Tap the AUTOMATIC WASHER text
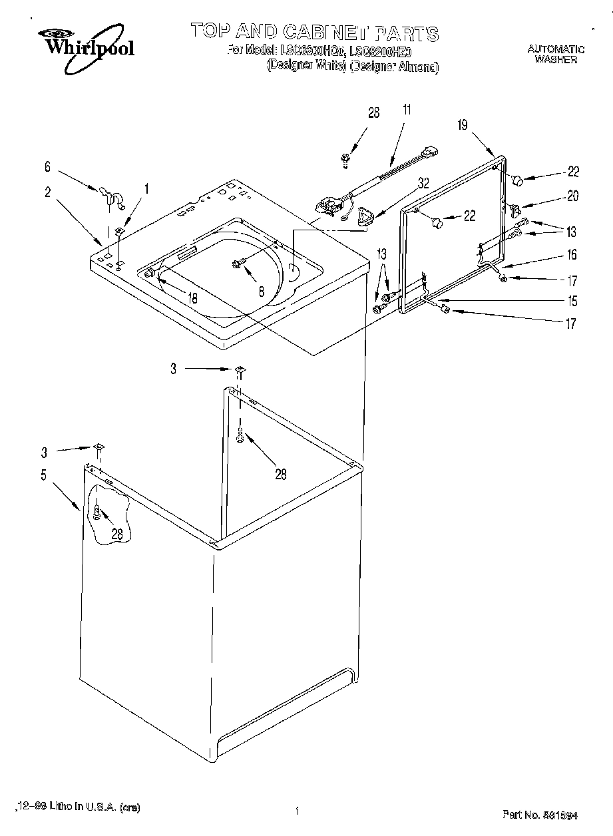point(556,54)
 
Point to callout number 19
point(463,124)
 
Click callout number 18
point(192,299)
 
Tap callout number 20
point(572,196)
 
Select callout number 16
point(572,254)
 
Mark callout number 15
point(572,301)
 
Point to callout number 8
point(262,290)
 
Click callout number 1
point(147,188)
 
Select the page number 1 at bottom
point(296,811)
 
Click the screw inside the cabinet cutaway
point(98,513)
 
